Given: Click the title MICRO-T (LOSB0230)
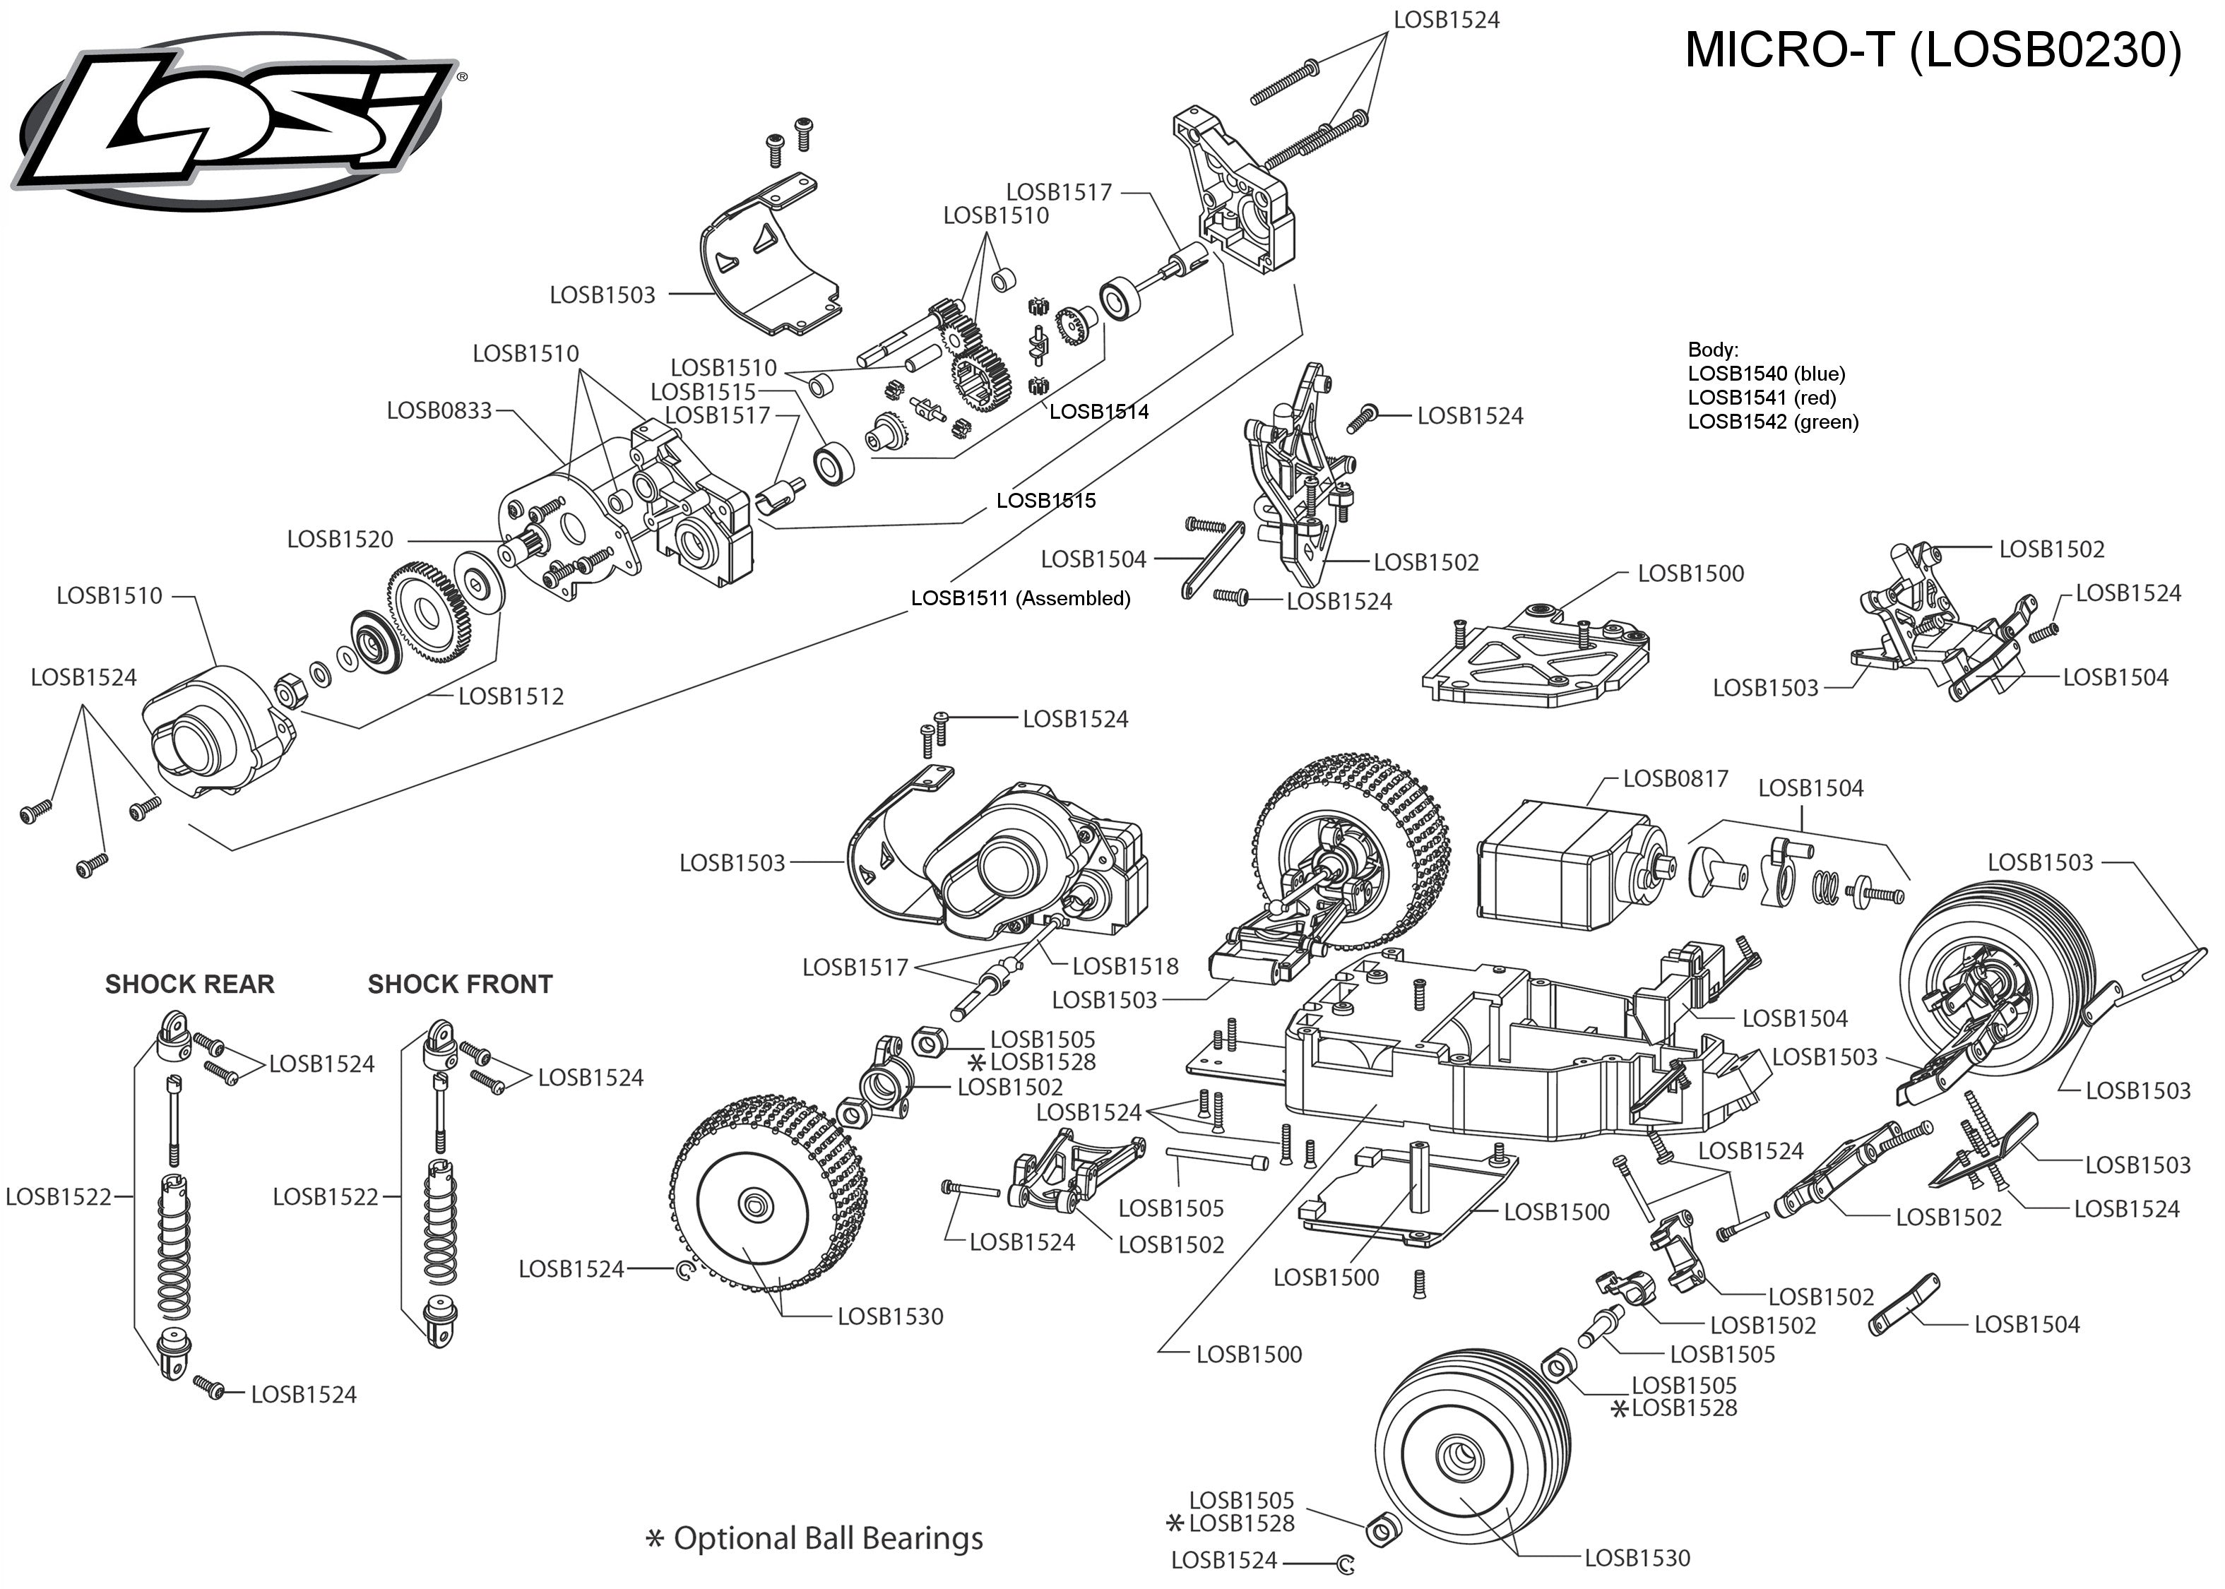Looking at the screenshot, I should [x=1933, y=50].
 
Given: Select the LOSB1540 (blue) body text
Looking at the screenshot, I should [x=1766, y=374].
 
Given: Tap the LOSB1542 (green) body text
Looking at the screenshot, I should [x=1773, y=422].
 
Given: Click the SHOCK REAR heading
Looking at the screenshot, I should [x=190, y=984].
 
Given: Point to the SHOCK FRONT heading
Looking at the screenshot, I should [x=460, y=984].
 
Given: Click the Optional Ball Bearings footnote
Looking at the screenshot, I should [x=828, y=1539].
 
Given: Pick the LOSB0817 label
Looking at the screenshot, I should [x=1675, y=779].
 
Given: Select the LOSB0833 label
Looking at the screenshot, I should [x=439, y=411].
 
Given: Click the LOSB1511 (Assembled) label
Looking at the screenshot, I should [x=1021, y=598].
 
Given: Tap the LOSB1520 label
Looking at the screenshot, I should [x=340, y=539].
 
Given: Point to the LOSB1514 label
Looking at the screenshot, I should [x=1099, y=412].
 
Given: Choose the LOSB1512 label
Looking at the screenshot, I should [x=511, y=696].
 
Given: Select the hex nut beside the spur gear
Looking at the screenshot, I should [x=290, y=693].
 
